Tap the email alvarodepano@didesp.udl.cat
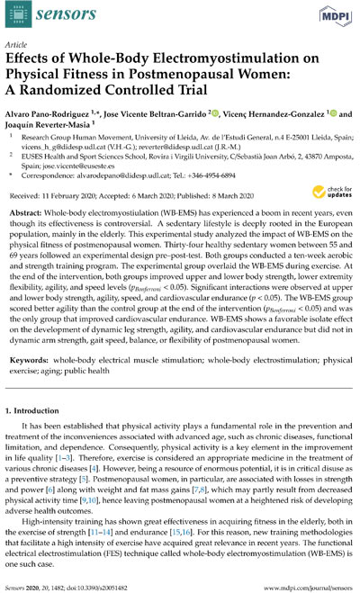[146, 203]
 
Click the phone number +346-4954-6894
[235, 203]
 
